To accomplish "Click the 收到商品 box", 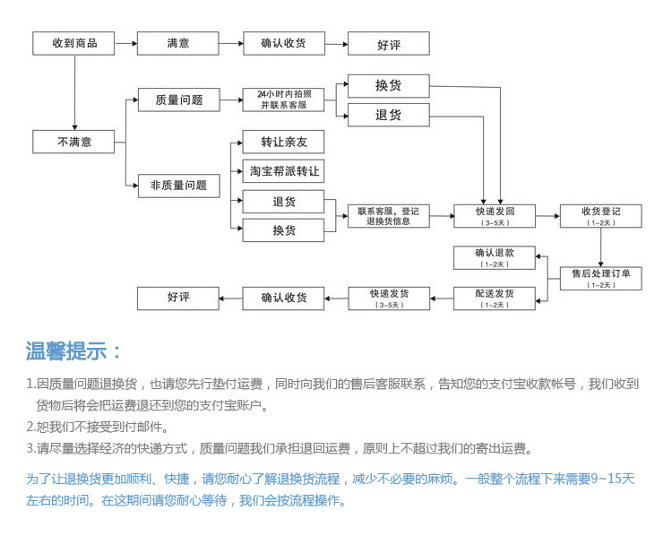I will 74,43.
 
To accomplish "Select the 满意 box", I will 177,43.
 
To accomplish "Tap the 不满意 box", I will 74,142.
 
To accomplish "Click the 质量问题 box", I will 177,100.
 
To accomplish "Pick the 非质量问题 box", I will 177,186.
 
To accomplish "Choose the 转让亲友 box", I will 283,142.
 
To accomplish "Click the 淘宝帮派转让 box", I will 283,170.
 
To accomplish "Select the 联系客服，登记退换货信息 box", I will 388,216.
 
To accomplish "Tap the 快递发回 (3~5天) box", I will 495,216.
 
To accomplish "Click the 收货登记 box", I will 600,216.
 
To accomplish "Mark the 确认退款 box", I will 495,257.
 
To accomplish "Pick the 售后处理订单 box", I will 600,278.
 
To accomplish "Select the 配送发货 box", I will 495,298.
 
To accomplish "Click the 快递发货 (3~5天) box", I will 388,298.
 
